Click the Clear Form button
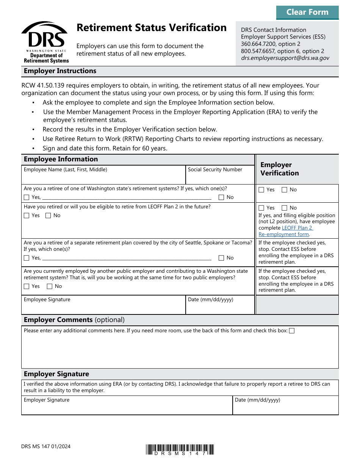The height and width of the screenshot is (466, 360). coord(307,13)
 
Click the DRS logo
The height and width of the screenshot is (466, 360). coord(44,42)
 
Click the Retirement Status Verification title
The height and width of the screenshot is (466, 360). coord(152,28)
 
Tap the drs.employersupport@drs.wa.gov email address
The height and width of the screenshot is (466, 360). coord(285,58)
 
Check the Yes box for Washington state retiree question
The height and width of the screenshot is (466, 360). coord(27,197)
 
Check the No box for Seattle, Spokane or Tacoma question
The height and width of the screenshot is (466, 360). coord(222,258)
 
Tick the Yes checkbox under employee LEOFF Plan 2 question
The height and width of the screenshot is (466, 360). coord(27,216)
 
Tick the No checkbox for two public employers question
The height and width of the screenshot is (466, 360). coord(49,286)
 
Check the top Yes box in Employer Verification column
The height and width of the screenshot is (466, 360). coord(261,190)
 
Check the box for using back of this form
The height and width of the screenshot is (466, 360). coord(292,331)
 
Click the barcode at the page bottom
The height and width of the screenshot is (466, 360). coord(180,449)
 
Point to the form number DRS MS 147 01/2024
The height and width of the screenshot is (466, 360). coord(46,446)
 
